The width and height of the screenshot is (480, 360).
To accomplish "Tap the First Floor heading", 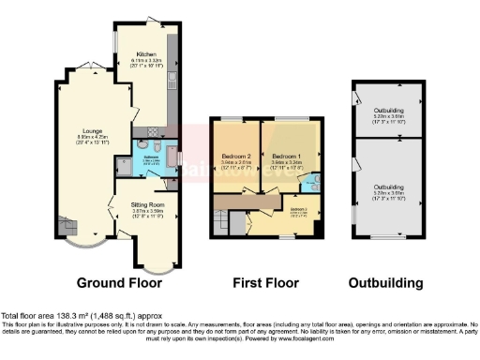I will [x=266, y=282].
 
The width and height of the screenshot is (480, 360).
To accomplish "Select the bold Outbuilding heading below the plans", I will [x=385, y=282].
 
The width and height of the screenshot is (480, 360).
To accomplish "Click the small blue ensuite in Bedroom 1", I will [x=313, y=177].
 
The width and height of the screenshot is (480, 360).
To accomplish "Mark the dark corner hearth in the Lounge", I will [x=66, y=225].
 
